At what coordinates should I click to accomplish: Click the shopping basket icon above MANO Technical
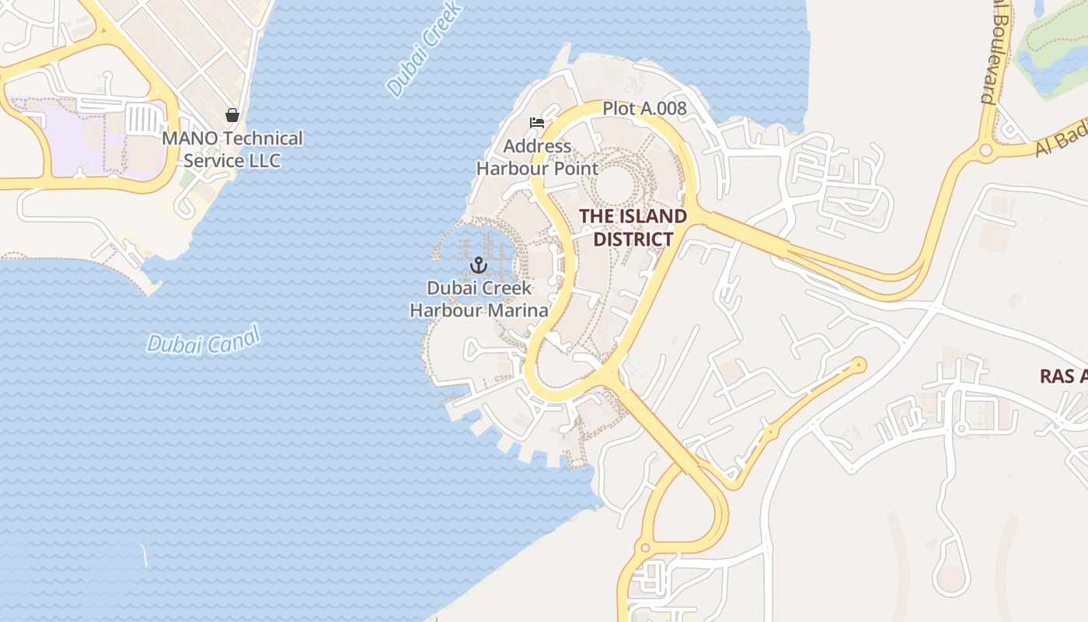pos(232,116)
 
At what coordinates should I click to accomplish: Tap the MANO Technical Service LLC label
pos(232,150)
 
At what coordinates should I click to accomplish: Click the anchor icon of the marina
pos(478,265)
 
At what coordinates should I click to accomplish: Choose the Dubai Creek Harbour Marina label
pos(479,299)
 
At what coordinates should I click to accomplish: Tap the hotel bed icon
pos(537,123)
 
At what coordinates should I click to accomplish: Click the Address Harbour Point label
pos(537,157)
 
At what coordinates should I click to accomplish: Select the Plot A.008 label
pos(644,109)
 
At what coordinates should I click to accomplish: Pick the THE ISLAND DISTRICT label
pos(633,228)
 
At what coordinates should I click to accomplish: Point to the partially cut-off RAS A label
pos(1063,376)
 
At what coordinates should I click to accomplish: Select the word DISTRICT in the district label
pos(633,239)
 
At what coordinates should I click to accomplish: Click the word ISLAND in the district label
pos(650,216)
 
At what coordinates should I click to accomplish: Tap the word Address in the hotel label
pos(537,146)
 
